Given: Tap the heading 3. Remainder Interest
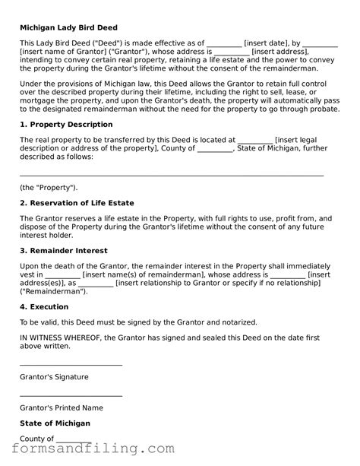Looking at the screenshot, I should pyautogui.click(x=63, y=250).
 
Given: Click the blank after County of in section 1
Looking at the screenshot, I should pyautogui.click(x=215, y=148).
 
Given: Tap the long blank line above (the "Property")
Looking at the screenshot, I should pyautogui.click(x=171, y=175).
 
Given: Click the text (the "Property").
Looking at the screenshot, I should pyautogui.click(x=48, y=187).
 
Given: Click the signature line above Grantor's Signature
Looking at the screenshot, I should pyautogui.click(x=71, y=365).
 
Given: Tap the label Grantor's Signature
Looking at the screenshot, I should pyautogui.click(x=54, y=376).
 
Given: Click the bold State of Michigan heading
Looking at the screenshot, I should pyautogui.click(x=55, y=423).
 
